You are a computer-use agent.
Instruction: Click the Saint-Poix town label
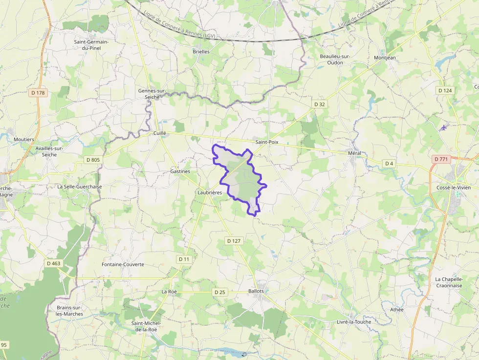click(x=266, y=142)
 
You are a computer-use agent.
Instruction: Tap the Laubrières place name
click(x=210, y=193)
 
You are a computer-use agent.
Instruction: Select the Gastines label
click(x=180, y=171)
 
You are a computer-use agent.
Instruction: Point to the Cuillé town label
click(x=160, y=133)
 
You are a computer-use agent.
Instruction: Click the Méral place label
click(x=354, y=153)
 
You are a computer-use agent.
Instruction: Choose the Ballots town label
click(x=256, y=291)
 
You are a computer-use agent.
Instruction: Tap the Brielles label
click(x=201, y=51)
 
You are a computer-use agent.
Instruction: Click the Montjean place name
click(x=385, y=58)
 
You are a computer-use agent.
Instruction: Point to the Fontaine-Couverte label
click(x=123, y=264)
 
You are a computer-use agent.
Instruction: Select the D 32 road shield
click(x=320, y=104)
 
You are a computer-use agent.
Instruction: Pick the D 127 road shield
click(x=234, y=241)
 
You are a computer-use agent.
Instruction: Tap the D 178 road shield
click(x=38, y=93)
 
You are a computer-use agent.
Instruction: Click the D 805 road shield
click(x=92, y=160)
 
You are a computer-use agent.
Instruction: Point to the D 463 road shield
click(x=54, y=263)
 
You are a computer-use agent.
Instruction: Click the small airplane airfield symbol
click(x=443, y=127)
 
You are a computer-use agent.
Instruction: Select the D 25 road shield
click(x=220, y=292)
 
